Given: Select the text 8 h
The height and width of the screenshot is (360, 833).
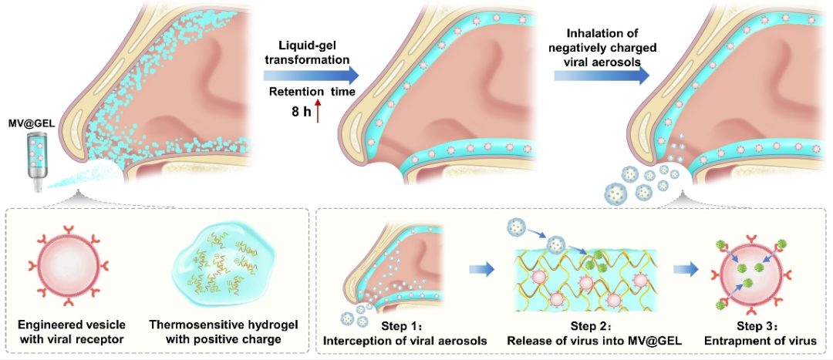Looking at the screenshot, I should pos(299,113).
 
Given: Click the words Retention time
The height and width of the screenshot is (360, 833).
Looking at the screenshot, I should pos(312,93).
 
